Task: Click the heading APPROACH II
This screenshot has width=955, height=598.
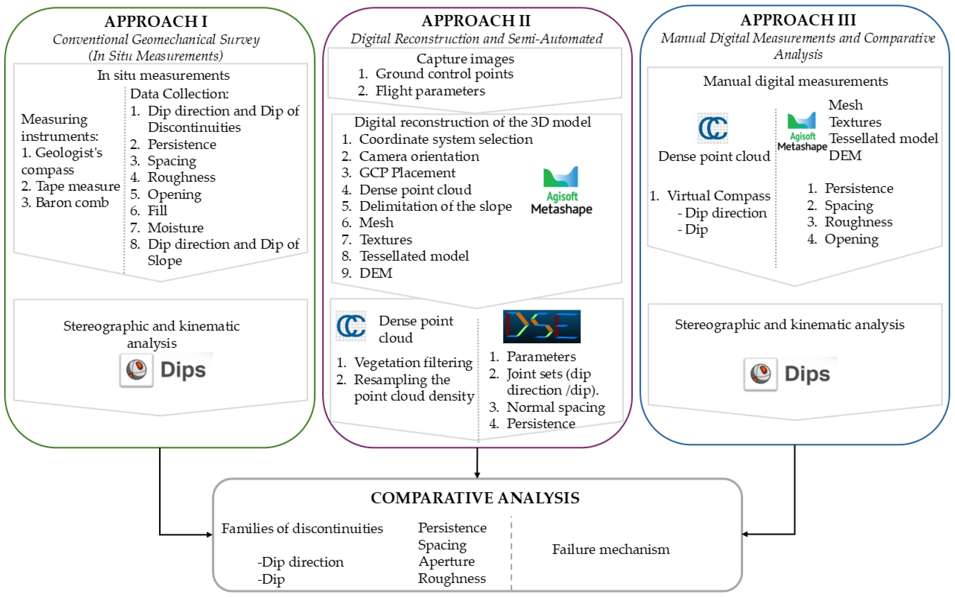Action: pos(476,21)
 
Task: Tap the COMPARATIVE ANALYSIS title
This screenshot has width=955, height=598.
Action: pos(475,498)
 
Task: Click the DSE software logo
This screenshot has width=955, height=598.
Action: pos(542,326)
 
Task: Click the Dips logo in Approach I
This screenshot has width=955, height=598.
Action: pos(166,370)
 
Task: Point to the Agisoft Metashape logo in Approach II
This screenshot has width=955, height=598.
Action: pos(561,191)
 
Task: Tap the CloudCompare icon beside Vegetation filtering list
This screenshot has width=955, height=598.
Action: pos(351,326)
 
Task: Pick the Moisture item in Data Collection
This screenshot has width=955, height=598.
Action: pos(175,228)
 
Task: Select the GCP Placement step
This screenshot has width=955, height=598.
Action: pos(407,173)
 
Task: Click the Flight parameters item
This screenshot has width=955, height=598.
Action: pos(430,91)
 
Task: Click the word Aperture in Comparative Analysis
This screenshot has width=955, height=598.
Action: pos(447,561)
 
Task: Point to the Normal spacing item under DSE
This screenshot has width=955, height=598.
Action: pos(555,407)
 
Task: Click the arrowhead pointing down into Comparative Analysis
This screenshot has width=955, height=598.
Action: pos(477,475)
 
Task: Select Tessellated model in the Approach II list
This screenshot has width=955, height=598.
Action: pos(413,256)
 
